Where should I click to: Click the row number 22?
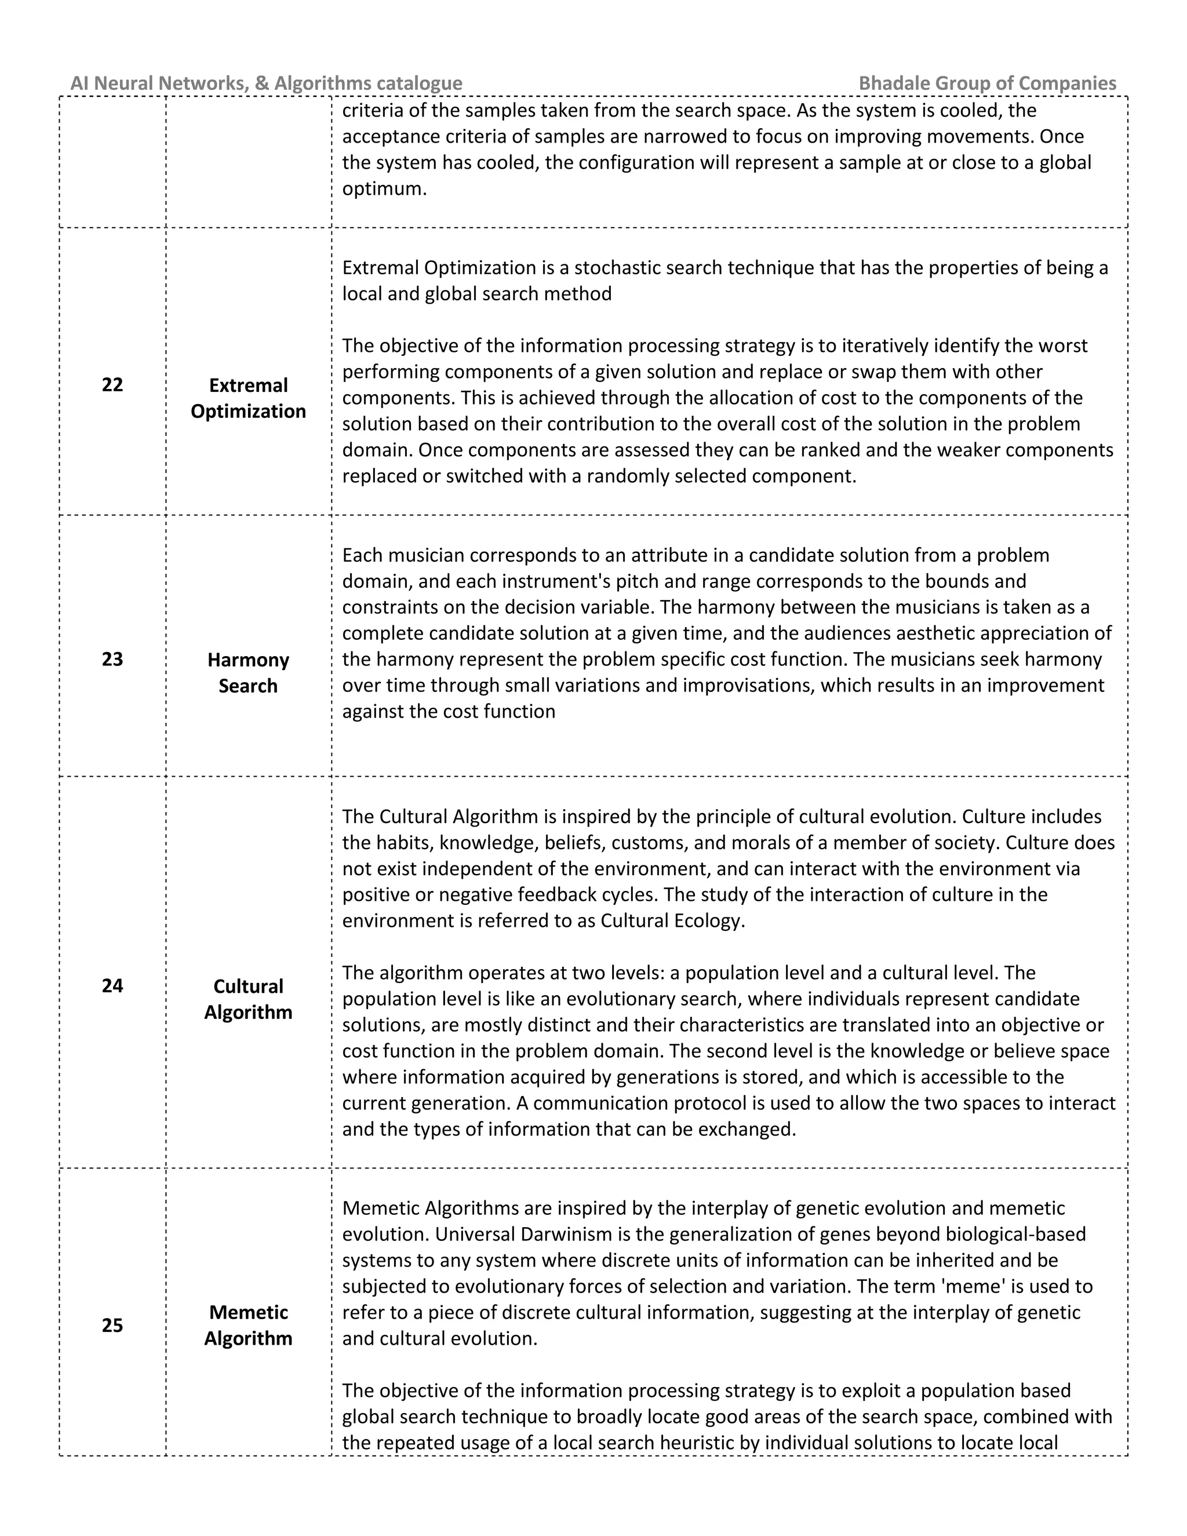point(112,385)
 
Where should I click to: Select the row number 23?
point(112,659)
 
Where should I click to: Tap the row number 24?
point(112,985)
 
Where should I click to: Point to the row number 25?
point(112,1325)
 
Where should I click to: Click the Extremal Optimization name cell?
point(248,398)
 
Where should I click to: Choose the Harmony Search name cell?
point(248,672)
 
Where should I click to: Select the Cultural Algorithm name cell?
point(248,999)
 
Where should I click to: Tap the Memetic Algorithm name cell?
point(248,1325)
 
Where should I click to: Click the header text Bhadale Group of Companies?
point(987,83)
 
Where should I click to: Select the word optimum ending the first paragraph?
point(384,189)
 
